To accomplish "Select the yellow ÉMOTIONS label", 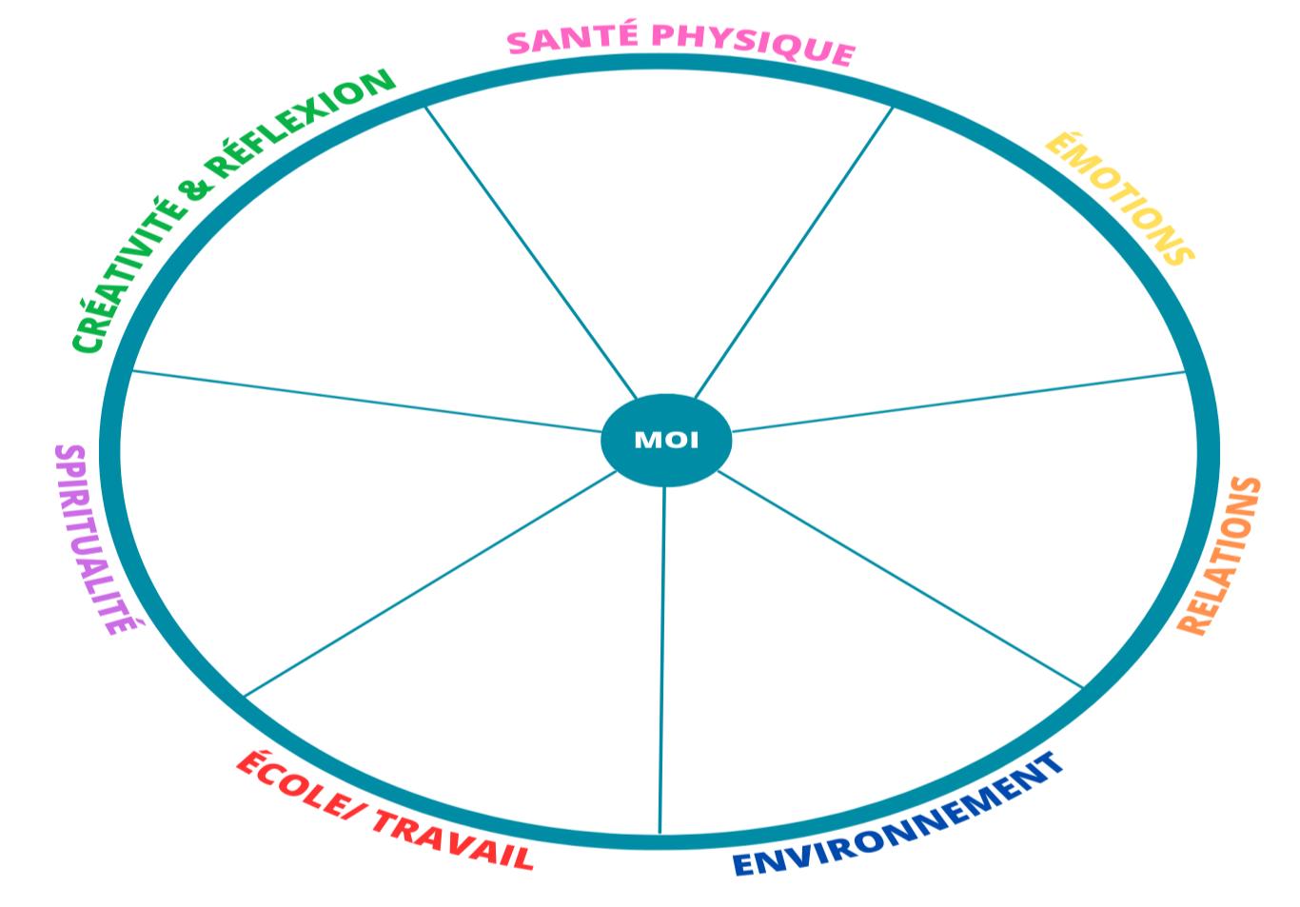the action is [1119, 198].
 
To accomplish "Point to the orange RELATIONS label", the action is [1220, 556].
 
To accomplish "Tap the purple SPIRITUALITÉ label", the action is [96, 539].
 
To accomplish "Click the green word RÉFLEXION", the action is [301, 123].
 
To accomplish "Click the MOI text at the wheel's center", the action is [666, 440].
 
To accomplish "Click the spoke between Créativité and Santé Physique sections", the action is [529, 250].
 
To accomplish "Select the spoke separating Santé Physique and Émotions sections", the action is [796, 250].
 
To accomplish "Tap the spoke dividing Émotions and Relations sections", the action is [956, 402].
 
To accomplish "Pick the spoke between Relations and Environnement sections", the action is [899, 578].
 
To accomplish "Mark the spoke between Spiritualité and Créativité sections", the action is [366, 402].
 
